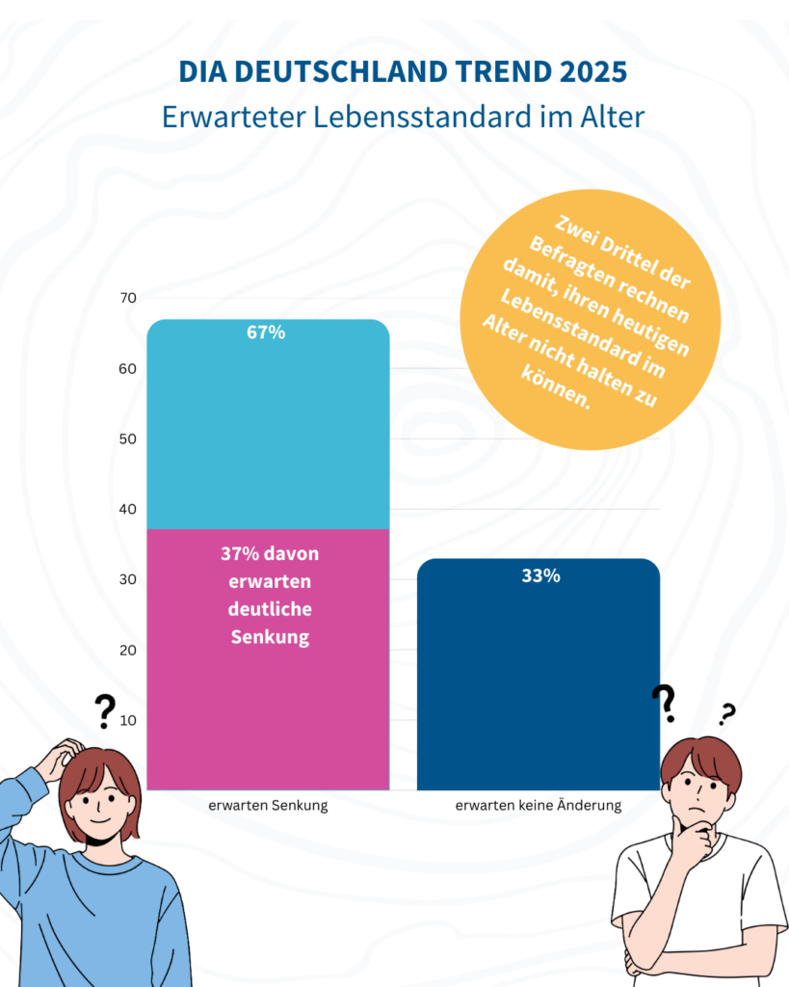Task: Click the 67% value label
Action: pyautogui.click(x=266, y=333)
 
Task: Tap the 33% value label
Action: pyautogui.click(x=539, y=576)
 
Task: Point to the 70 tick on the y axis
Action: pyautogui.click(x=127, y=298)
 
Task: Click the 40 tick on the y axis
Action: pyautogui.click(x=127, y=509)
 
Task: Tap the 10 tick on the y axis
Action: pyautogui.click(x=127, y=720)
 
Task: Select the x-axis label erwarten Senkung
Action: pyautogui.click(x=268, y=806)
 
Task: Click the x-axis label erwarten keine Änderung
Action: pyautogui.click(x=539, y=806)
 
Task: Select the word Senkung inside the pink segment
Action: pyautogui.click(x=270, y=637)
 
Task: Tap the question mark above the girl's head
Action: pyautogui.click(x=105, y=712)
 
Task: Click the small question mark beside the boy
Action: pyautogui.click(x=727, y=714)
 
